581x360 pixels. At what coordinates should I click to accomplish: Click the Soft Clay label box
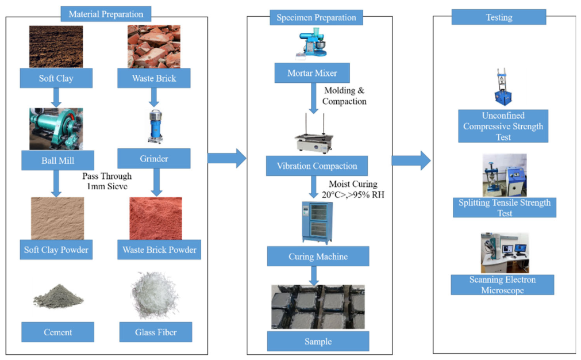(56, 78)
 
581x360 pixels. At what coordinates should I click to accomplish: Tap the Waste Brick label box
(154, 78)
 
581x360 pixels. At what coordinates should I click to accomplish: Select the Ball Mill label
(58, 160)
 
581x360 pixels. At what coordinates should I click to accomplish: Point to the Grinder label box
(154, 159)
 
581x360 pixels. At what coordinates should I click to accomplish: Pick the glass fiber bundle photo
(156, 296)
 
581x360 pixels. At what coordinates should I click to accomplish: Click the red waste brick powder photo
(156, 219)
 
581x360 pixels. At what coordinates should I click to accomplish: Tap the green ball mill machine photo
(56, 129)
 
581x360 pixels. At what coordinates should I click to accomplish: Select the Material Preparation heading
(106, 14)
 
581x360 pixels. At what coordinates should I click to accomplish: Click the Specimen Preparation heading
(316, 17)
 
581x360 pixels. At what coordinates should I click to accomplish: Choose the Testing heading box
(499, 17)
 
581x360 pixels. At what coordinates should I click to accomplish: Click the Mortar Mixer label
(312, 73)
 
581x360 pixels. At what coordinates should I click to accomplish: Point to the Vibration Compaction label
(317, 166)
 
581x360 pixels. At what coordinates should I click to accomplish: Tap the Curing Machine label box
(318, 256)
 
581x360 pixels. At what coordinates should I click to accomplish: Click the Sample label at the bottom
(318, 342)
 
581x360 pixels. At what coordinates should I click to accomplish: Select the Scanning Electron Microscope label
(502, 285)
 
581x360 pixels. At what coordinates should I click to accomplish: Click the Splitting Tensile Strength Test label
(505, 208)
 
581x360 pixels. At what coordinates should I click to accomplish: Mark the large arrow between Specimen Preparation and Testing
(411, 160)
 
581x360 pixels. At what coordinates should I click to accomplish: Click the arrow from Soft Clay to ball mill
(56, 98)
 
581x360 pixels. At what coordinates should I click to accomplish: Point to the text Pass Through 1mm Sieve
(107, 181)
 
